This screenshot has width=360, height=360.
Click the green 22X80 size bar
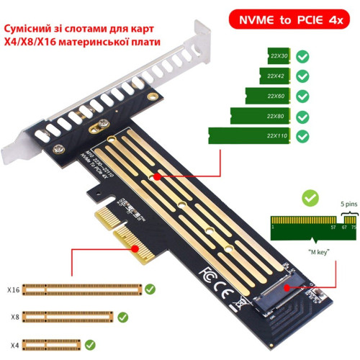tap(258, 115)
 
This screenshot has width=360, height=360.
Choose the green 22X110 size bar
tap(252, 135)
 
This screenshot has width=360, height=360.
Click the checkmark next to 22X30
tap(302, 56)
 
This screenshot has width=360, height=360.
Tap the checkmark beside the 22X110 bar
tap(302, 135)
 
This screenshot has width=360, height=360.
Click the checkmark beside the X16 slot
tap(150, 289)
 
